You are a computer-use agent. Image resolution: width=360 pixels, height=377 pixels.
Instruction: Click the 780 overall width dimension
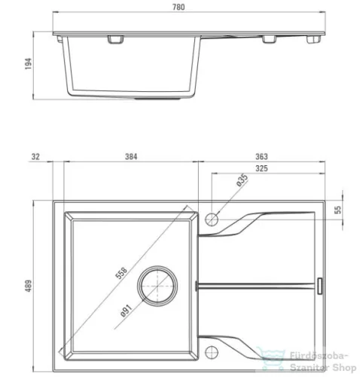tap(178, 7)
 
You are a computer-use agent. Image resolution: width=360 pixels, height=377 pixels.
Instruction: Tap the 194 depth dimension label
tap(29, 63)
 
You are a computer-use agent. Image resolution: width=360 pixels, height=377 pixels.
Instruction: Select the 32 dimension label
tap(35, 157)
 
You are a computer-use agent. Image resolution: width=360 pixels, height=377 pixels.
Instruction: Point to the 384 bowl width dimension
tap(131, 157)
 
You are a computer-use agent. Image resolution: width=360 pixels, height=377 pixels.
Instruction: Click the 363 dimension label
tap(261, 157)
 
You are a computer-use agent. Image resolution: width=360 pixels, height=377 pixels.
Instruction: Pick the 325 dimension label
tap(261, 168)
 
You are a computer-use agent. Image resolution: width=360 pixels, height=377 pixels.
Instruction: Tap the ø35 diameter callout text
tap(242, 180)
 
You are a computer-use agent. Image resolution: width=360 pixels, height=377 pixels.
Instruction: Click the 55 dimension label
tap(338, 210)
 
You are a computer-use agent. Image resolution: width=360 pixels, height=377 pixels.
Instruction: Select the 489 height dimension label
tap(29, 286)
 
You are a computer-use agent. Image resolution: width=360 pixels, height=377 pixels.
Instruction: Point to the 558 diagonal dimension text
tap(121, 274)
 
